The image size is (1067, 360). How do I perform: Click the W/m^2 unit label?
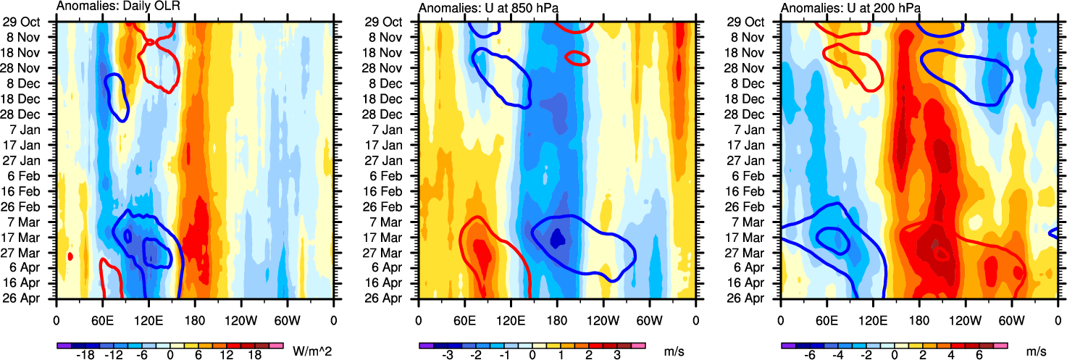pyautogui.click(x=311, y=351)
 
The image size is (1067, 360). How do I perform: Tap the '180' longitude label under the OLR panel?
pyautogui.click(x=195, y=319)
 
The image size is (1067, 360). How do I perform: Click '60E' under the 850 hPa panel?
pyautogui.click(x=464, y=319)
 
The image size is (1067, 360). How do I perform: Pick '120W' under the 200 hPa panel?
pyautogui.click(x=965, y=319)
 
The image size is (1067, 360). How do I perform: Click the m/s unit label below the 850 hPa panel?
pyautogui.click(x=674, y=351)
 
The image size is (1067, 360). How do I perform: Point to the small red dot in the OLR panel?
pyautogui.click(x=70, y=256)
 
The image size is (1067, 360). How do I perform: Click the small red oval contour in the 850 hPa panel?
pyautogui.click(x=577, y=59)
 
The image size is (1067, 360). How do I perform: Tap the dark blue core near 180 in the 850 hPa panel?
pyautogui.click(x=557, y=238)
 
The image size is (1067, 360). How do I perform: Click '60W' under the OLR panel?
pyautogui.click(x=287, y=319)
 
